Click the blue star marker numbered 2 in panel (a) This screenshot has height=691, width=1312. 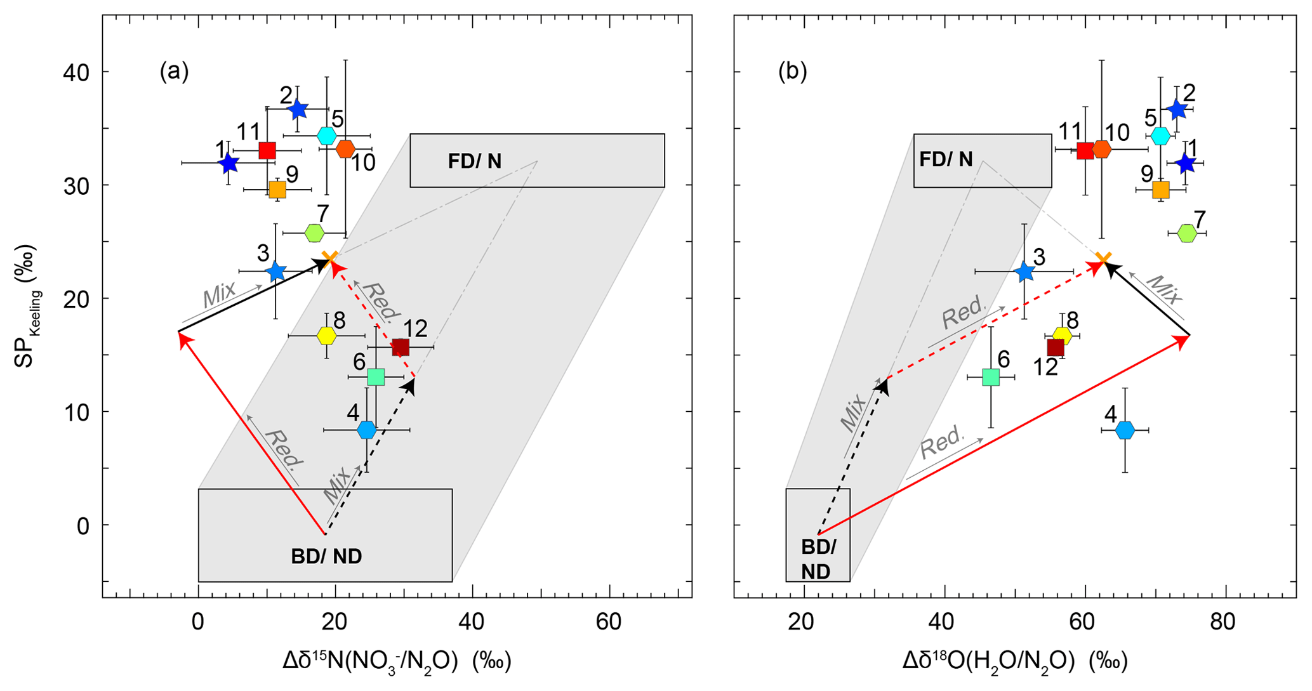coord(297,109)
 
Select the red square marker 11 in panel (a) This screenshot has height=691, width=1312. coord(267,150)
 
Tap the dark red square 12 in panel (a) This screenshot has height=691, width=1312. coord(400,347)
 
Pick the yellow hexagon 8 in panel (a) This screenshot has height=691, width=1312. coord(326,336)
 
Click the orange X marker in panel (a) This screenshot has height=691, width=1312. coord(329,258)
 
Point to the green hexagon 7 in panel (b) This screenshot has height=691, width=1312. coord(1187,234)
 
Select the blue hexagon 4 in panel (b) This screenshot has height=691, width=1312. coord(1125,430)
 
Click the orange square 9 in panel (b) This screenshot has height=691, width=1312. coord(1161,189)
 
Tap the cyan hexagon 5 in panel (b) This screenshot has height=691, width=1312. coord(1160,136)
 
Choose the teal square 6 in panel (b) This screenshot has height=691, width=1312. coord(991,377)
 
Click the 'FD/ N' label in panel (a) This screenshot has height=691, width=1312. coord(475,161)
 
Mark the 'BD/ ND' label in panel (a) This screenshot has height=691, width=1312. coord(326,556)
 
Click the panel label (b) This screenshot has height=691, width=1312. coord(793,72)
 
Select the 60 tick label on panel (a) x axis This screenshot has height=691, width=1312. coord(609,622)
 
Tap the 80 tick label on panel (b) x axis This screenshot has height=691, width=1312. coord(1223,622)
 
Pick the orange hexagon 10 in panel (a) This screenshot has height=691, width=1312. coord(345,149)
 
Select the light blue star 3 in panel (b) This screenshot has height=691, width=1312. coord(1024,272)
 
